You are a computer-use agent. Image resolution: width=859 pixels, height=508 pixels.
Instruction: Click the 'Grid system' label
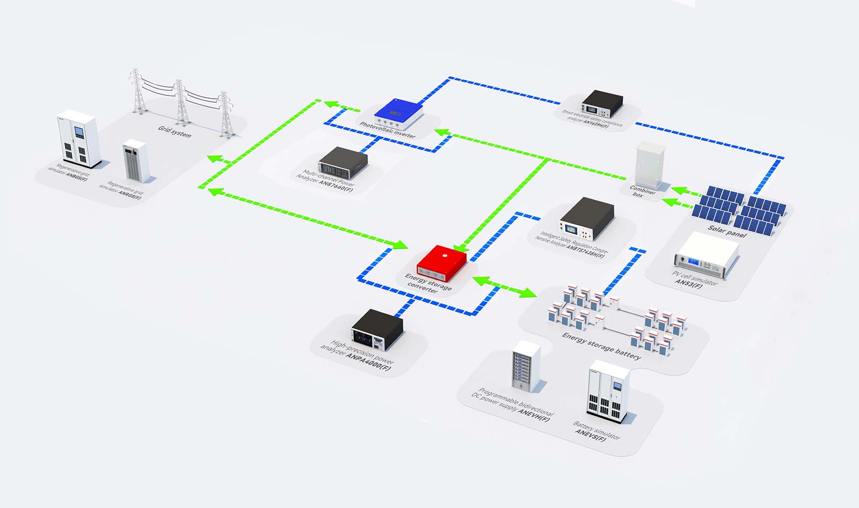[174, 131]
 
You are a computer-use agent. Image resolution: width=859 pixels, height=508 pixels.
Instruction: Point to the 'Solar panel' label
[727, 231]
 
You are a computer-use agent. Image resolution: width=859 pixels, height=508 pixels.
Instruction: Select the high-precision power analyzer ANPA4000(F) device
[377, 327]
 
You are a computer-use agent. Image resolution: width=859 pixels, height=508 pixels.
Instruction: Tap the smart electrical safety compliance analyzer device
[602, 104]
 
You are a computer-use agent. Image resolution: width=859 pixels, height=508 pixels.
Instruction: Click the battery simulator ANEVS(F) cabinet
[607, 387]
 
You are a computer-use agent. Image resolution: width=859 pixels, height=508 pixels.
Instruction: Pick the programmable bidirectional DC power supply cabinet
[526, 365]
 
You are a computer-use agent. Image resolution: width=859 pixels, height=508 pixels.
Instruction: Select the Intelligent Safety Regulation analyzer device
[587, 219]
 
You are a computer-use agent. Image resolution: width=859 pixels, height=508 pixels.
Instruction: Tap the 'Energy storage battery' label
[601, 345]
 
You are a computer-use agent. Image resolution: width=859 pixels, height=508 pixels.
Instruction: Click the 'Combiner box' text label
[642, 192]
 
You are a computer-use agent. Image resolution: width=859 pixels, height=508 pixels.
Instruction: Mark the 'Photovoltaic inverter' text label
[388, 130]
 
